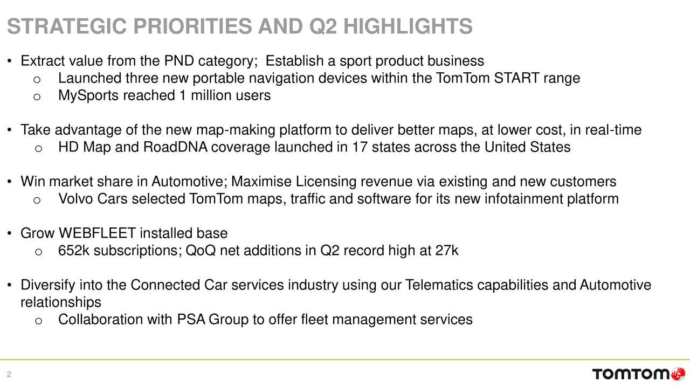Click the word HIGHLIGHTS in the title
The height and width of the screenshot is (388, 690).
(x=408, y=26)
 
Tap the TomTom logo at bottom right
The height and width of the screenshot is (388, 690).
(x=639, y=373)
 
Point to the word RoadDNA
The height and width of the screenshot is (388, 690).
(x=175, y=147)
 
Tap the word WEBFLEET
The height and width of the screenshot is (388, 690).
(x=96, y=233)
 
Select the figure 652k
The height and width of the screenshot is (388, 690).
(x=73, y=251)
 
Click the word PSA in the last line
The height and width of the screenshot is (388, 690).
(x=191, y=320)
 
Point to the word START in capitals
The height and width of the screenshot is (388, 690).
(x=518, y=79)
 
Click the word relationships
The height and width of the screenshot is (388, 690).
(x=60, y=302)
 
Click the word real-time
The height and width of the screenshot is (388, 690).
(x=614, y=130)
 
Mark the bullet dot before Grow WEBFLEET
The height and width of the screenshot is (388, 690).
(x=11, y=234)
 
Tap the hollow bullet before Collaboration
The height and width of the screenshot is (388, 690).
(x=37, y=321)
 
